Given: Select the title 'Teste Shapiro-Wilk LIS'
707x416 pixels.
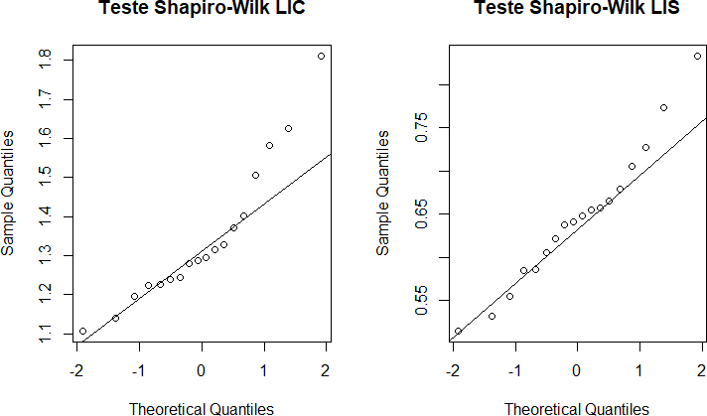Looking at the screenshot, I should [x=577, y=10].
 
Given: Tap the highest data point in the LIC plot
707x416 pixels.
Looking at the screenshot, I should [x=321, y=57].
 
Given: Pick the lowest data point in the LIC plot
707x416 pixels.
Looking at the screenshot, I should [x=82, y=331].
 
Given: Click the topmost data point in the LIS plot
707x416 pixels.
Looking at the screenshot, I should [x=697, y=57].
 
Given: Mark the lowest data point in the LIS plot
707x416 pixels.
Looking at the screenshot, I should [x=458, y=331].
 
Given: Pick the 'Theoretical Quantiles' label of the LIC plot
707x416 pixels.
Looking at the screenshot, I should [x=202, y=407].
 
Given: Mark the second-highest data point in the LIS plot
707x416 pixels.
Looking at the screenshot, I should [x=663, y=107].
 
